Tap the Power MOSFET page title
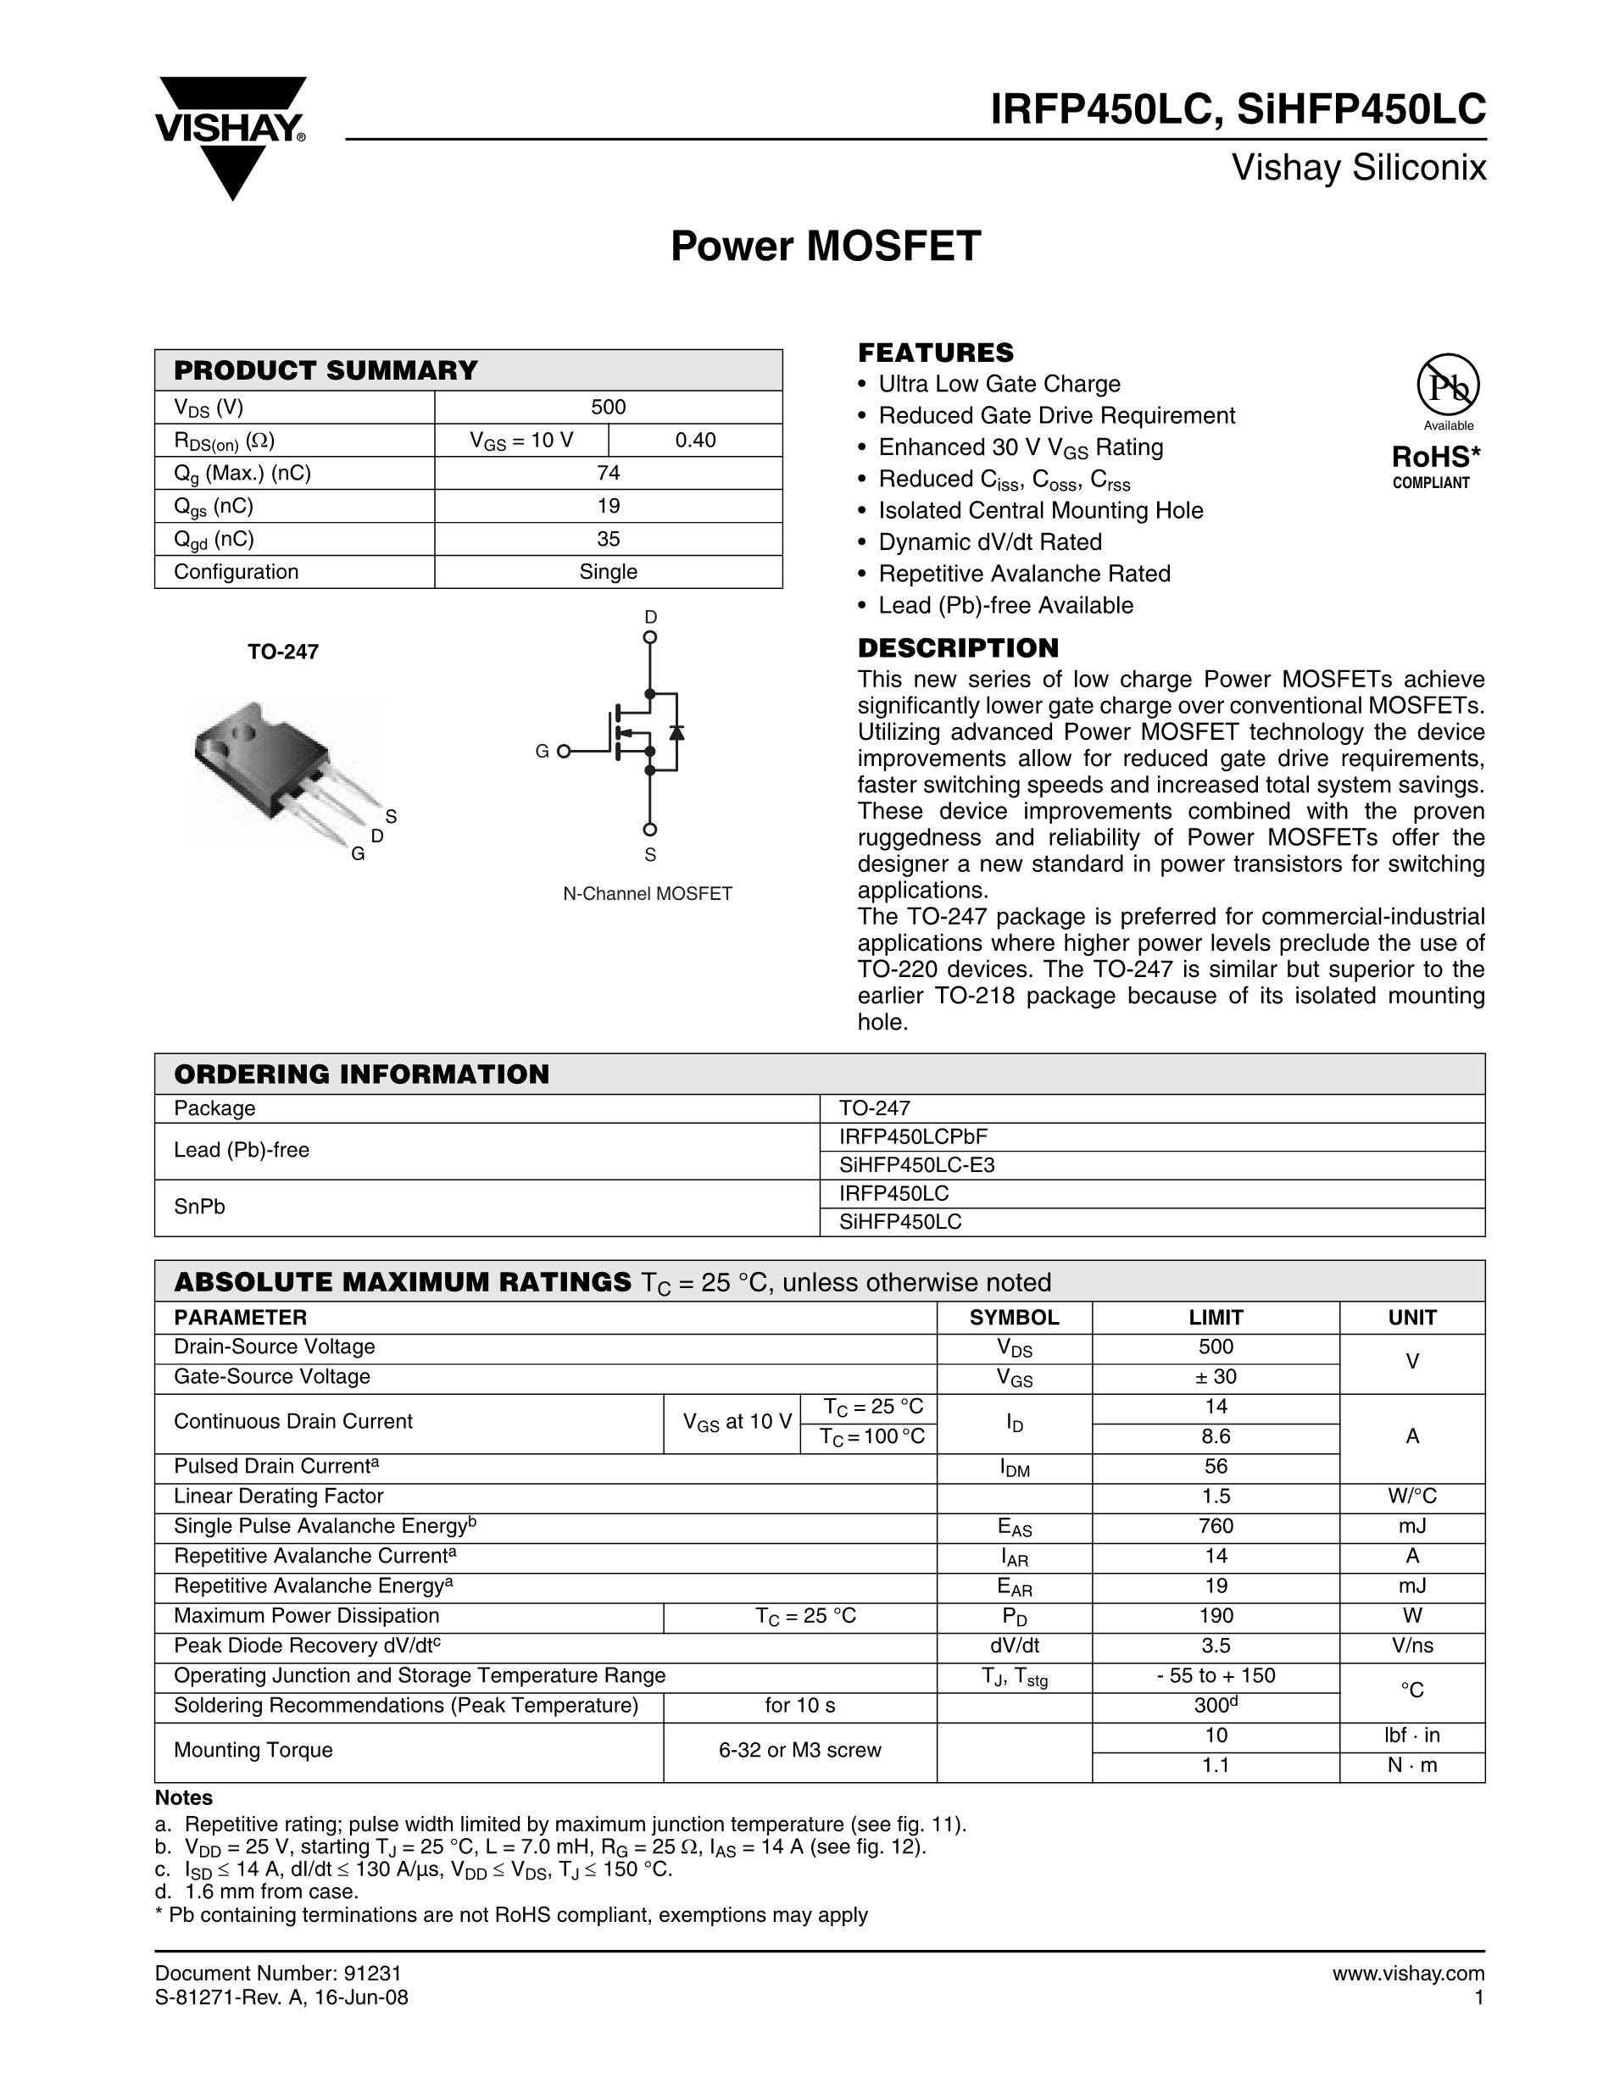[x=825, y=246]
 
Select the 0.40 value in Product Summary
[x=695, y=440]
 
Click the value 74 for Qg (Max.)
[x=608, y=473]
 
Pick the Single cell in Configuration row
[x=608, y=572]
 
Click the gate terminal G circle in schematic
[x=563, y=752]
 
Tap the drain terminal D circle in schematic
[x=650, y=636]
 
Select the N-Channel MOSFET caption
[x=648, y=894]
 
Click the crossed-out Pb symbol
[x=1448, y=386]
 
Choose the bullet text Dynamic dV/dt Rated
[x=989, y=542]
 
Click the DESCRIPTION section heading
[x=958, y=648]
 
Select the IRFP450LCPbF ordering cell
[x=913, y=1136]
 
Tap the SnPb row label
[x=200, y=1208]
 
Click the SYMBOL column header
[x=1014, y=1318]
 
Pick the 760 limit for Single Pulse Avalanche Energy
[x=1216, y=1526]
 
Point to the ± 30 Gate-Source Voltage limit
[x=1216, y=1377]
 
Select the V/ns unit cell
[x=1411, y=1646]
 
